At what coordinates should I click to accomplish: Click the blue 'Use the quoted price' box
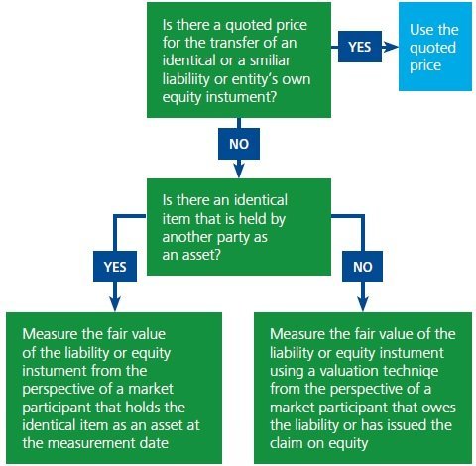coord(433,47)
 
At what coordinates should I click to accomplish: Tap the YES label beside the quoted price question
coord(360,47)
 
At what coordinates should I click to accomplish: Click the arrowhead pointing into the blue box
coord(395,47)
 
